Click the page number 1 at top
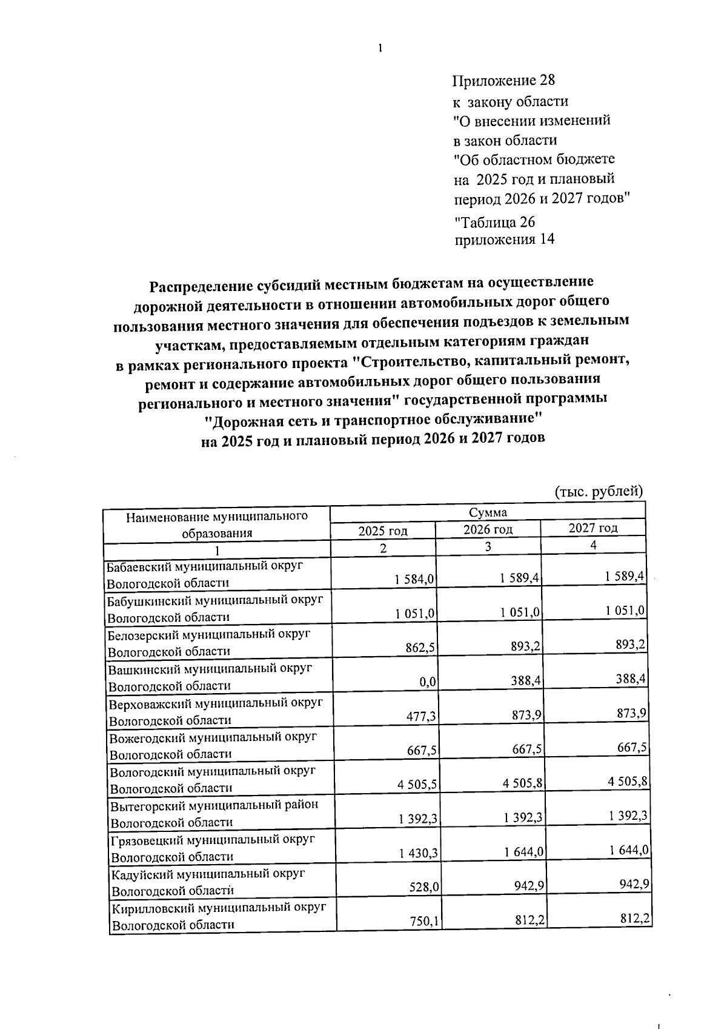(x=380, y=49)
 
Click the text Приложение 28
(x=504, y=81)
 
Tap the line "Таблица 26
(x=494, y=221)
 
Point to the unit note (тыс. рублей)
(x=599, y=491)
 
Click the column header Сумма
(x=488, y=513)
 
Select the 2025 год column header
(x=383, y=531)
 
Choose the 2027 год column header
(x=593, y=528)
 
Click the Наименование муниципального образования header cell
(x=217, y=525)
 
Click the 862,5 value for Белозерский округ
(x=420, y=648)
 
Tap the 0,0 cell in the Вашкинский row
(x=428, y=682)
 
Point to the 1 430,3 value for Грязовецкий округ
(x=419, y=853)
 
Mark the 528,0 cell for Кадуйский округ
(x=424, y=887)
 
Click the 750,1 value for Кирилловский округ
(x=424, y=921)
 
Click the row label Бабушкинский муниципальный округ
(x=215, y=600)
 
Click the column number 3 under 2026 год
(x=488, y=547)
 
